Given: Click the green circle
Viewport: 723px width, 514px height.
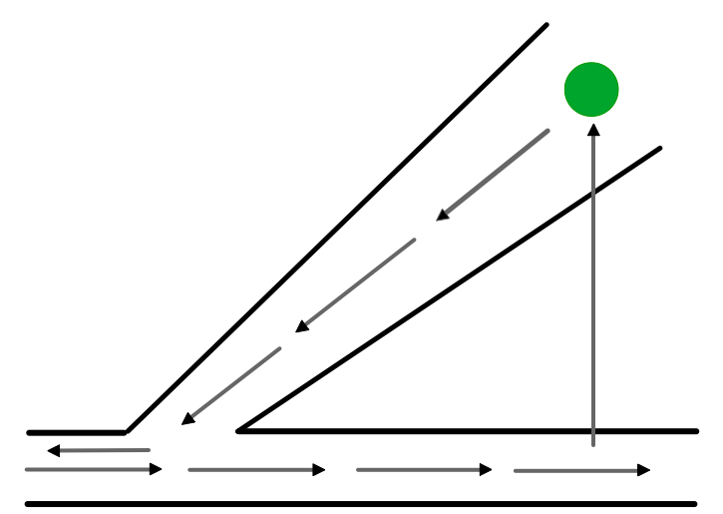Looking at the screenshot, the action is point(591,89).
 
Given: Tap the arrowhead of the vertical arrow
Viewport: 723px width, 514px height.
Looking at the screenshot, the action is point(593,129).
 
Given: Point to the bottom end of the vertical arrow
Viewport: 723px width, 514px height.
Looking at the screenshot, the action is point(593,445).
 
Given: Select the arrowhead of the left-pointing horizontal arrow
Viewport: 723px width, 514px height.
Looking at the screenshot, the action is point(54,451).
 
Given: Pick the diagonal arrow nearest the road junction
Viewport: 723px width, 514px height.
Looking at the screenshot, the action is point(230,386).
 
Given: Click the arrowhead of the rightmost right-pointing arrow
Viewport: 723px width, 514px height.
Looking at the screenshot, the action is point(644,470).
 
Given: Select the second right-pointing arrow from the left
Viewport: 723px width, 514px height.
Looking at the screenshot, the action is point(256,470).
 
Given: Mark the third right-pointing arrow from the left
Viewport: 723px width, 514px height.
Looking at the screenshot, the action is point(424,470).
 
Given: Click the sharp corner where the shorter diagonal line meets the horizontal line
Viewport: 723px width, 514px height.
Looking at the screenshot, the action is point(239,431).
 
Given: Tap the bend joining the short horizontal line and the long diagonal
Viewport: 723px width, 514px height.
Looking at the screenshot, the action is point(126,432).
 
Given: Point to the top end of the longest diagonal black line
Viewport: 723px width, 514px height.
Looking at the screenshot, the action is point(546,25).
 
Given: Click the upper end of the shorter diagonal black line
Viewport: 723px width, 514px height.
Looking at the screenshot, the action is point(659,149).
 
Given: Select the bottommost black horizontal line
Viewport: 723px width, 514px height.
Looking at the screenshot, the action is point(360,504).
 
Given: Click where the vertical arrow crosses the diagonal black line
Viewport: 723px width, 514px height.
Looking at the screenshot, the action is point(593,192).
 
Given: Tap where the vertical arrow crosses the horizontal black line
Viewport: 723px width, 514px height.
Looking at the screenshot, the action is point(593,431).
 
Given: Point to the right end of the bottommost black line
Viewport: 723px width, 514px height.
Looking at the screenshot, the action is point(694,504).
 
